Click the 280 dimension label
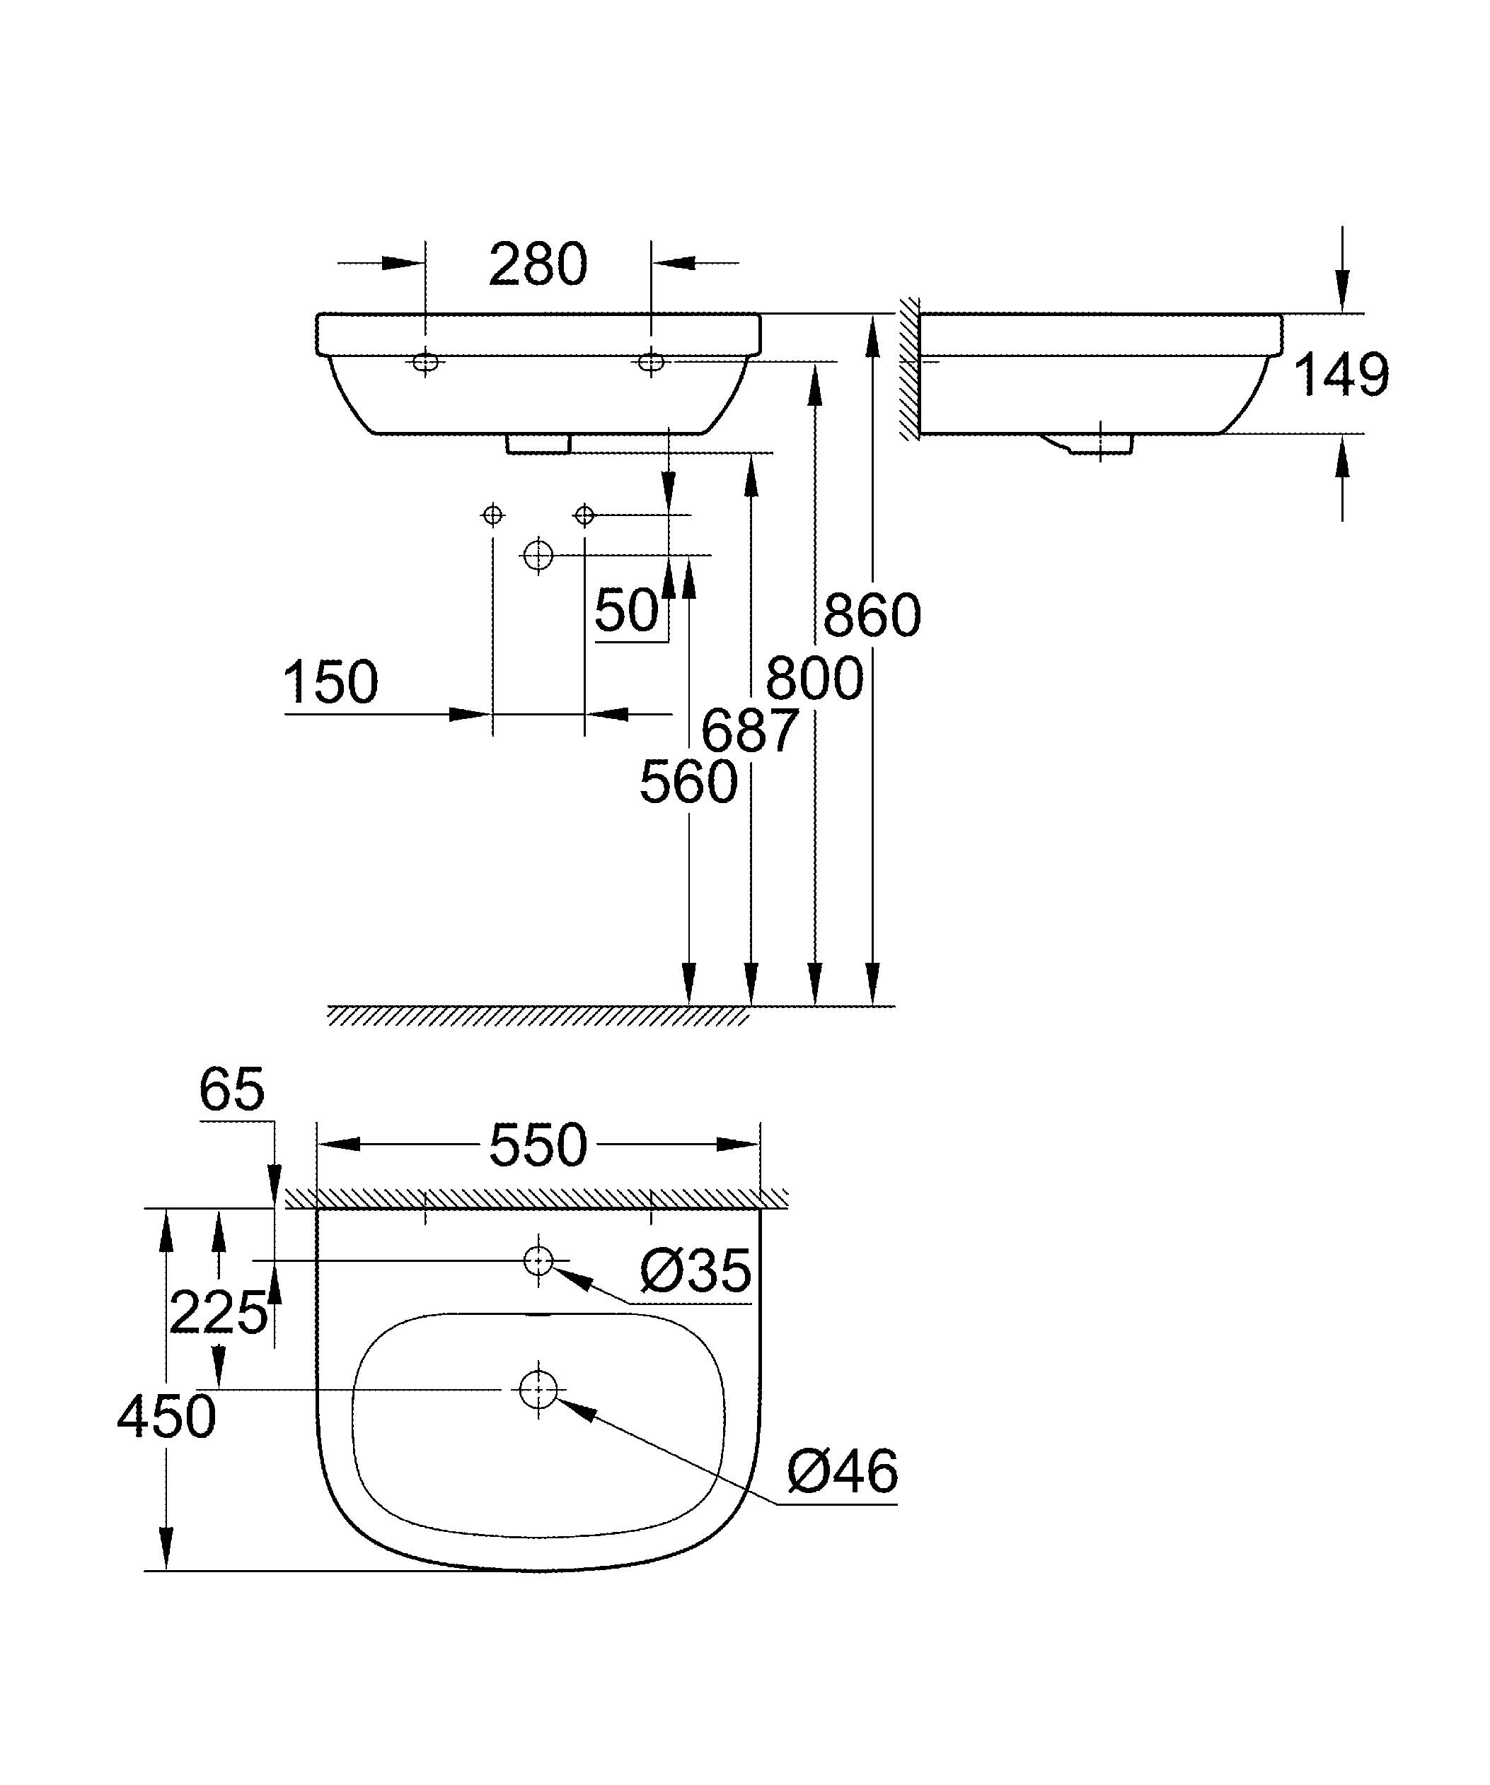[538, 264]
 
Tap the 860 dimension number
[872, 616]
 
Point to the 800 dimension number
[814, 679]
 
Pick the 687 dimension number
[749, 730]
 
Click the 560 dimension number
[688, 782]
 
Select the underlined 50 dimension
[627, 610]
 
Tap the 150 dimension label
[330, 681]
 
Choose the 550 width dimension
[538, 1145]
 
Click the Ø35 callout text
[695, 1272]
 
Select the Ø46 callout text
[842, 1473]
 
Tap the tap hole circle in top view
[538, 1260]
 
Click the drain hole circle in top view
[538, 1390]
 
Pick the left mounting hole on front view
[426, 363]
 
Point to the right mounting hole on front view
[652, 363]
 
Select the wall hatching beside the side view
[910, 370]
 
